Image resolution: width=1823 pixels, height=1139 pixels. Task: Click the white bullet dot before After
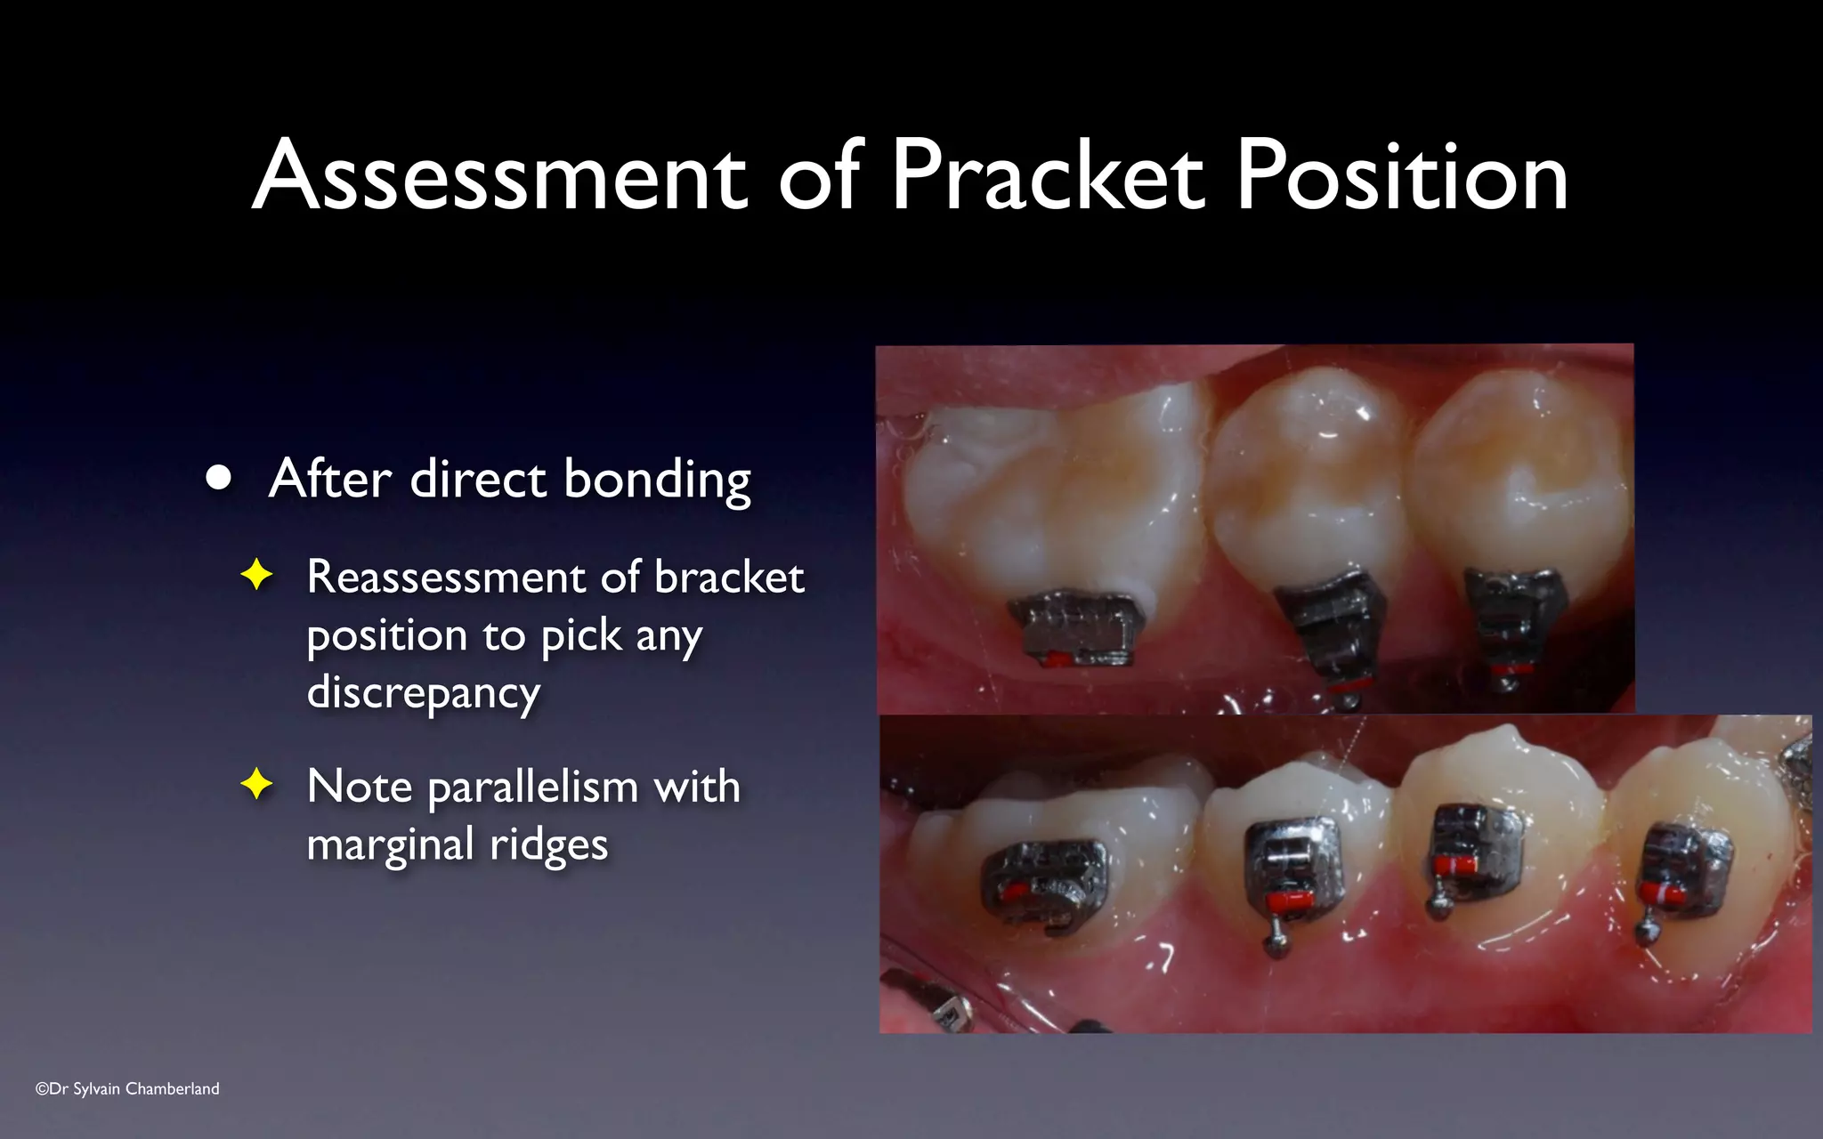[218, 479]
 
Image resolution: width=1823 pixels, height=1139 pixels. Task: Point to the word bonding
[657, 481]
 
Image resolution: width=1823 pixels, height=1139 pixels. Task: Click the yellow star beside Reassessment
[256, 575]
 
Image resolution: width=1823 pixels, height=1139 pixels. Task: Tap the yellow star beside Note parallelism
[256, 785]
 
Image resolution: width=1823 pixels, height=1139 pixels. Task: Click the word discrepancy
[423, 692]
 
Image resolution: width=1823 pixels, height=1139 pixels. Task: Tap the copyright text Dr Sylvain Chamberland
[127, 1088]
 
